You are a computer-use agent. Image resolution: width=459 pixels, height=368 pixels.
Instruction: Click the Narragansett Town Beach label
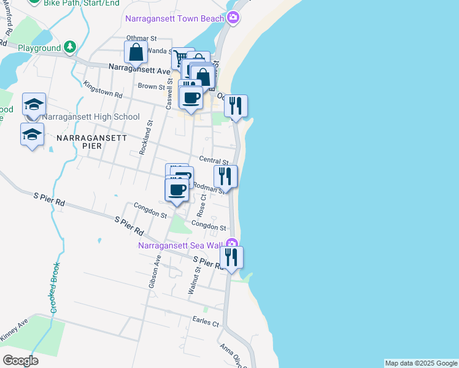point(174,18)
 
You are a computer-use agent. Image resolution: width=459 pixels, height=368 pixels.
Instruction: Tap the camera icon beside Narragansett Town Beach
point(233,18)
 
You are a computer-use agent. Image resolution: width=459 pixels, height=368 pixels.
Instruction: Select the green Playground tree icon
point(71,47)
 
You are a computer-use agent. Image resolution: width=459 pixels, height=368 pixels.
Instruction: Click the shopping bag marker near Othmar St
point(136,53)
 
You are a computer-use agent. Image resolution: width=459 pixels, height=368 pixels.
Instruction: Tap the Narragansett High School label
point(91,117)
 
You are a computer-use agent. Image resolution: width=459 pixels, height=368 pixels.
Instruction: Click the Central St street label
point(214,161)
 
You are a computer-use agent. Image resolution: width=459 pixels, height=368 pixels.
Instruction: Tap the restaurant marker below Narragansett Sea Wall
point(231,257)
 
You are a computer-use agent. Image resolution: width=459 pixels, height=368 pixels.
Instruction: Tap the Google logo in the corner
point(20,360)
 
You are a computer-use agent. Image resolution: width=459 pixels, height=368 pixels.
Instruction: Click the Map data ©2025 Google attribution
point(421,363)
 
